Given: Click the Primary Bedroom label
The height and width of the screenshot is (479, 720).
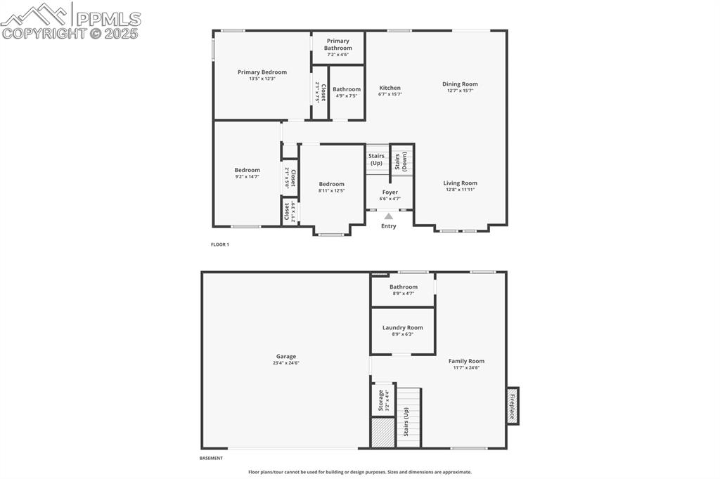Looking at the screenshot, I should [262, 72].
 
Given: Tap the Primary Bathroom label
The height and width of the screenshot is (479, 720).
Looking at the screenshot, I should [338, 44].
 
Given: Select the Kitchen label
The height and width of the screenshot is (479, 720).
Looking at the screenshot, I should [390, 88].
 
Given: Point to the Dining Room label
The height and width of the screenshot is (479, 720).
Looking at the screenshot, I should [460, 84].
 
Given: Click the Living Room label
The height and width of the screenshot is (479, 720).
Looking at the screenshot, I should [461, 183].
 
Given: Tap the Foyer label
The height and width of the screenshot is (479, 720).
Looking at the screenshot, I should [390, 192].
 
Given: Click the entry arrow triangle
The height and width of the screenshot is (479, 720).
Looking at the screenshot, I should [389, 216].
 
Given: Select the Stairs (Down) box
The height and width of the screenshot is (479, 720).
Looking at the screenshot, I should [402, 161].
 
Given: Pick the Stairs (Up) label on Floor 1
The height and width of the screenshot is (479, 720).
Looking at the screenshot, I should [376, 159].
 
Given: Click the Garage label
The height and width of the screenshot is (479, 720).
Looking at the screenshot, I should [286, 357].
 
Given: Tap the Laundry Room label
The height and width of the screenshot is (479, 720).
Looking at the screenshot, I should [403, 328].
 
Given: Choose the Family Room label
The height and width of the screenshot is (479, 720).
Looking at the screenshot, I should [467, 362].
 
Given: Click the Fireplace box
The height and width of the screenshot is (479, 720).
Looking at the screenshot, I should [513, 406].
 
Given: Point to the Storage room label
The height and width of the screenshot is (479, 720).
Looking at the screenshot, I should [381, 401].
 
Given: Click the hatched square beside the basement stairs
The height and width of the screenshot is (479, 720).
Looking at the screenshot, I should [382, 433].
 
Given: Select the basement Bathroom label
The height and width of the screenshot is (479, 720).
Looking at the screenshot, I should [404, 287].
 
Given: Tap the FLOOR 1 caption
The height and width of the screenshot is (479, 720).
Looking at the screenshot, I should [220, 244].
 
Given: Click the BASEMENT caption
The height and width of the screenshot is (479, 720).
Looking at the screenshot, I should [211, 458].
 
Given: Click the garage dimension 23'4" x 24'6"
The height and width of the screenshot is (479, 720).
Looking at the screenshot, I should [286, 363].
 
